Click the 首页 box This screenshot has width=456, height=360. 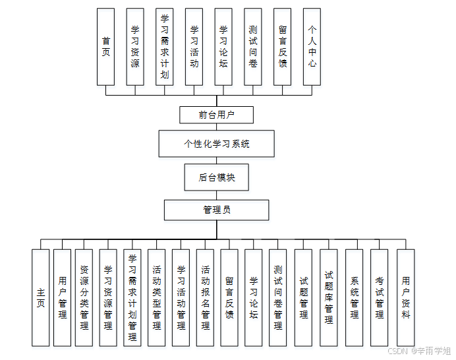pyautogui.click(x=105, y=46)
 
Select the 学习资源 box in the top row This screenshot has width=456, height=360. pyautogui.click(x=135, y=46)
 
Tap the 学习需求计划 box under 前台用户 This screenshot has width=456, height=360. pyautogui.click(x=165, y=46)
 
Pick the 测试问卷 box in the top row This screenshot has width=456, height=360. pyautogui.click(x=253, y=46)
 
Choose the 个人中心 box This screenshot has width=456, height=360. pyautogui.click(x=312, y=46)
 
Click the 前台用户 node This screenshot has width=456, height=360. pyautogui.click(x=216, y=115)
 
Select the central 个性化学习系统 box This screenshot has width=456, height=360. pyautogui.click(x=216, y=143)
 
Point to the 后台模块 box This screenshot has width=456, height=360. pyautogui.click(x=216, y=177)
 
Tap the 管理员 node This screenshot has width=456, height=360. pyautogui.click(x=216, y=210)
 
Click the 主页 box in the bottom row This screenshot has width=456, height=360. pyautogui.click(x=41, y=297)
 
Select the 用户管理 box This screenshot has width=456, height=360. pyautogui.click(x=63, y=297)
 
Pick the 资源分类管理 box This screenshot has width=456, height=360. pyautogui.click(x=84, y=297)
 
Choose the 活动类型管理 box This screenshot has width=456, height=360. pyautogui.click(x=157, y=297)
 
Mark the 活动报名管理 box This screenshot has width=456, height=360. pyautogui.click(x=205, y=297)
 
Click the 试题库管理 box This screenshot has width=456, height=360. pyautogui.click(x=329, y=297)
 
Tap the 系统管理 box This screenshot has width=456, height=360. pyautogui.click(x=355, y=297)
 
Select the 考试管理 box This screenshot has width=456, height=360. pyautogui.click(x=380, y=297)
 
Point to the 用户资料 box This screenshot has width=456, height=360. pyautogui.click(x=405, y=297)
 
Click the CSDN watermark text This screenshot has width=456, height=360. pyautogui.click(x=418, y=351)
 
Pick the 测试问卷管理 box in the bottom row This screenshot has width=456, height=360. pyautogui.click(x=278, y=297)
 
